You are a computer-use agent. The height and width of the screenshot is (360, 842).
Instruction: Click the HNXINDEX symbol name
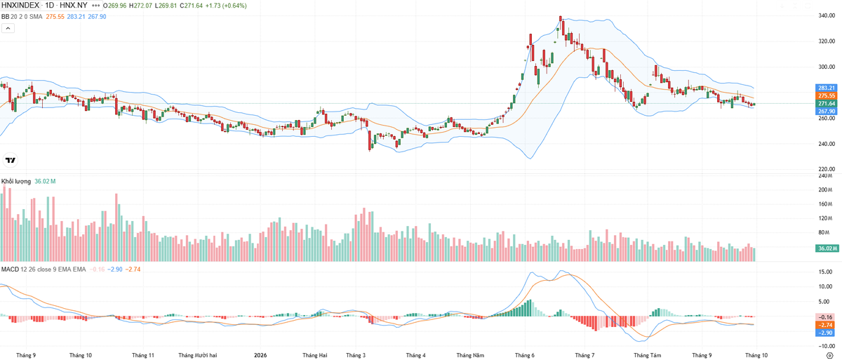[x=20, y=5]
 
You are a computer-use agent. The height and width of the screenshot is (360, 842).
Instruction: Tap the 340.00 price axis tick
[x=827, y=15]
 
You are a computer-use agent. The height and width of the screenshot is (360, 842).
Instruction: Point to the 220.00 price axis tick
[x=827, y=169]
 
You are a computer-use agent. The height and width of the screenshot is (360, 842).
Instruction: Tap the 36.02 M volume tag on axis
[x=827, y=248]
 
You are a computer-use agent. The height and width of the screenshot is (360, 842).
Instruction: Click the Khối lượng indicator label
[x=15, y=182]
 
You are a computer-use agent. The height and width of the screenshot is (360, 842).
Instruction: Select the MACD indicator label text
[x=10, y=269]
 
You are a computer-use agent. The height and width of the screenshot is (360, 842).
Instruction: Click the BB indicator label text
[x=6, y=17]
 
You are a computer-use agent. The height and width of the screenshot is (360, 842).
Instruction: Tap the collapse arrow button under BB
[x=8, y=28]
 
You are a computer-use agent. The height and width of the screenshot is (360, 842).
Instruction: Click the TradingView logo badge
[x=10, y=161]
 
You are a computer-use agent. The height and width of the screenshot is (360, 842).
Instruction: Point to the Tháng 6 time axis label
[x=525, y=355]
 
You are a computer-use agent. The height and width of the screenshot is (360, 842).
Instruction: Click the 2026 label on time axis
[x=260, y=355]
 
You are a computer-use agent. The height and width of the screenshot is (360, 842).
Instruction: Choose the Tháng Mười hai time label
[x=198, y=355]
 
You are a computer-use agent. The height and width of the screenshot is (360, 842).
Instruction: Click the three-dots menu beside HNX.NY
[x=96, y=5]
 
